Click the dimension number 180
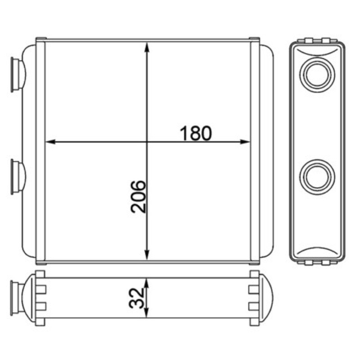pyautogui.click(x=196, y=133)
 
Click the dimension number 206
pyautogui.click(x=138, y=197)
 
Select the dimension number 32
pyautogui.click(x=136, y=298)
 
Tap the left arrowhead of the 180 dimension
pyautogui.click(x=50, y=142)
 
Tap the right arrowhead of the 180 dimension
pyautogui.click(x=245, y=142)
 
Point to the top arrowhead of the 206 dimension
pyautogui.click(x=147, y=47)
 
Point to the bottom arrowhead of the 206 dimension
pyautogui.click(x=147, y=255)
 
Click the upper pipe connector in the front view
pyautogui.click(x=18, y=75)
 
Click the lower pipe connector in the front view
pyautogui.click(x=18, y=177)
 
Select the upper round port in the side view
pyautogui.click(x=317, y=75)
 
